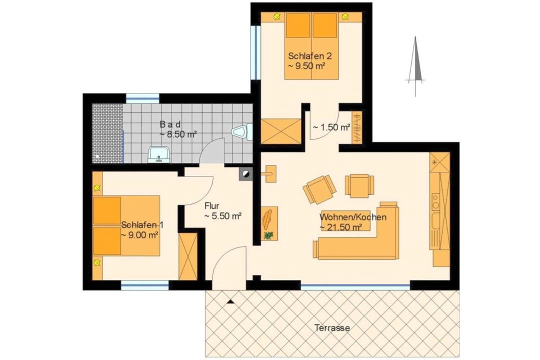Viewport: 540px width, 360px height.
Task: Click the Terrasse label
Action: [332, 327]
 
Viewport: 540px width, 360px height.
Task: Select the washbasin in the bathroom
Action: [159, 154]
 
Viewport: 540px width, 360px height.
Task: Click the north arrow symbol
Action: [415, 65]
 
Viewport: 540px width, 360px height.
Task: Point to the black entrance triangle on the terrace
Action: [230, 302]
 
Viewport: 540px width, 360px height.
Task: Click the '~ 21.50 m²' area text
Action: [340, 227]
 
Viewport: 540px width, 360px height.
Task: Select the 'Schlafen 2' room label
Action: [310, 56]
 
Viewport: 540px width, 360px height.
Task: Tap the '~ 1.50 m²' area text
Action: [331, 127]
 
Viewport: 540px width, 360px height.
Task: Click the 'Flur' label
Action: [212, 206]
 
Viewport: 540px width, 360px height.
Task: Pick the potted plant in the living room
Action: [268, 235]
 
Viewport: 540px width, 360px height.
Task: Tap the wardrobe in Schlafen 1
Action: [187, 256]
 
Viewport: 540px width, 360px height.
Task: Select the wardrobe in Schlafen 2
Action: [280, 130]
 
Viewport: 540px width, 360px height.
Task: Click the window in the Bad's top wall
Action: [142, 98]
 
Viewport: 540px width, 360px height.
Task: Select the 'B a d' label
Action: [170, 124]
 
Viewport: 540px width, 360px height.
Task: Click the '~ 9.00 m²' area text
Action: [139, 235]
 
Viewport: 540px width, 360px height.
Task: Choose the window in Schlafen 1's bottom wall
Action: [144, 285]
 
